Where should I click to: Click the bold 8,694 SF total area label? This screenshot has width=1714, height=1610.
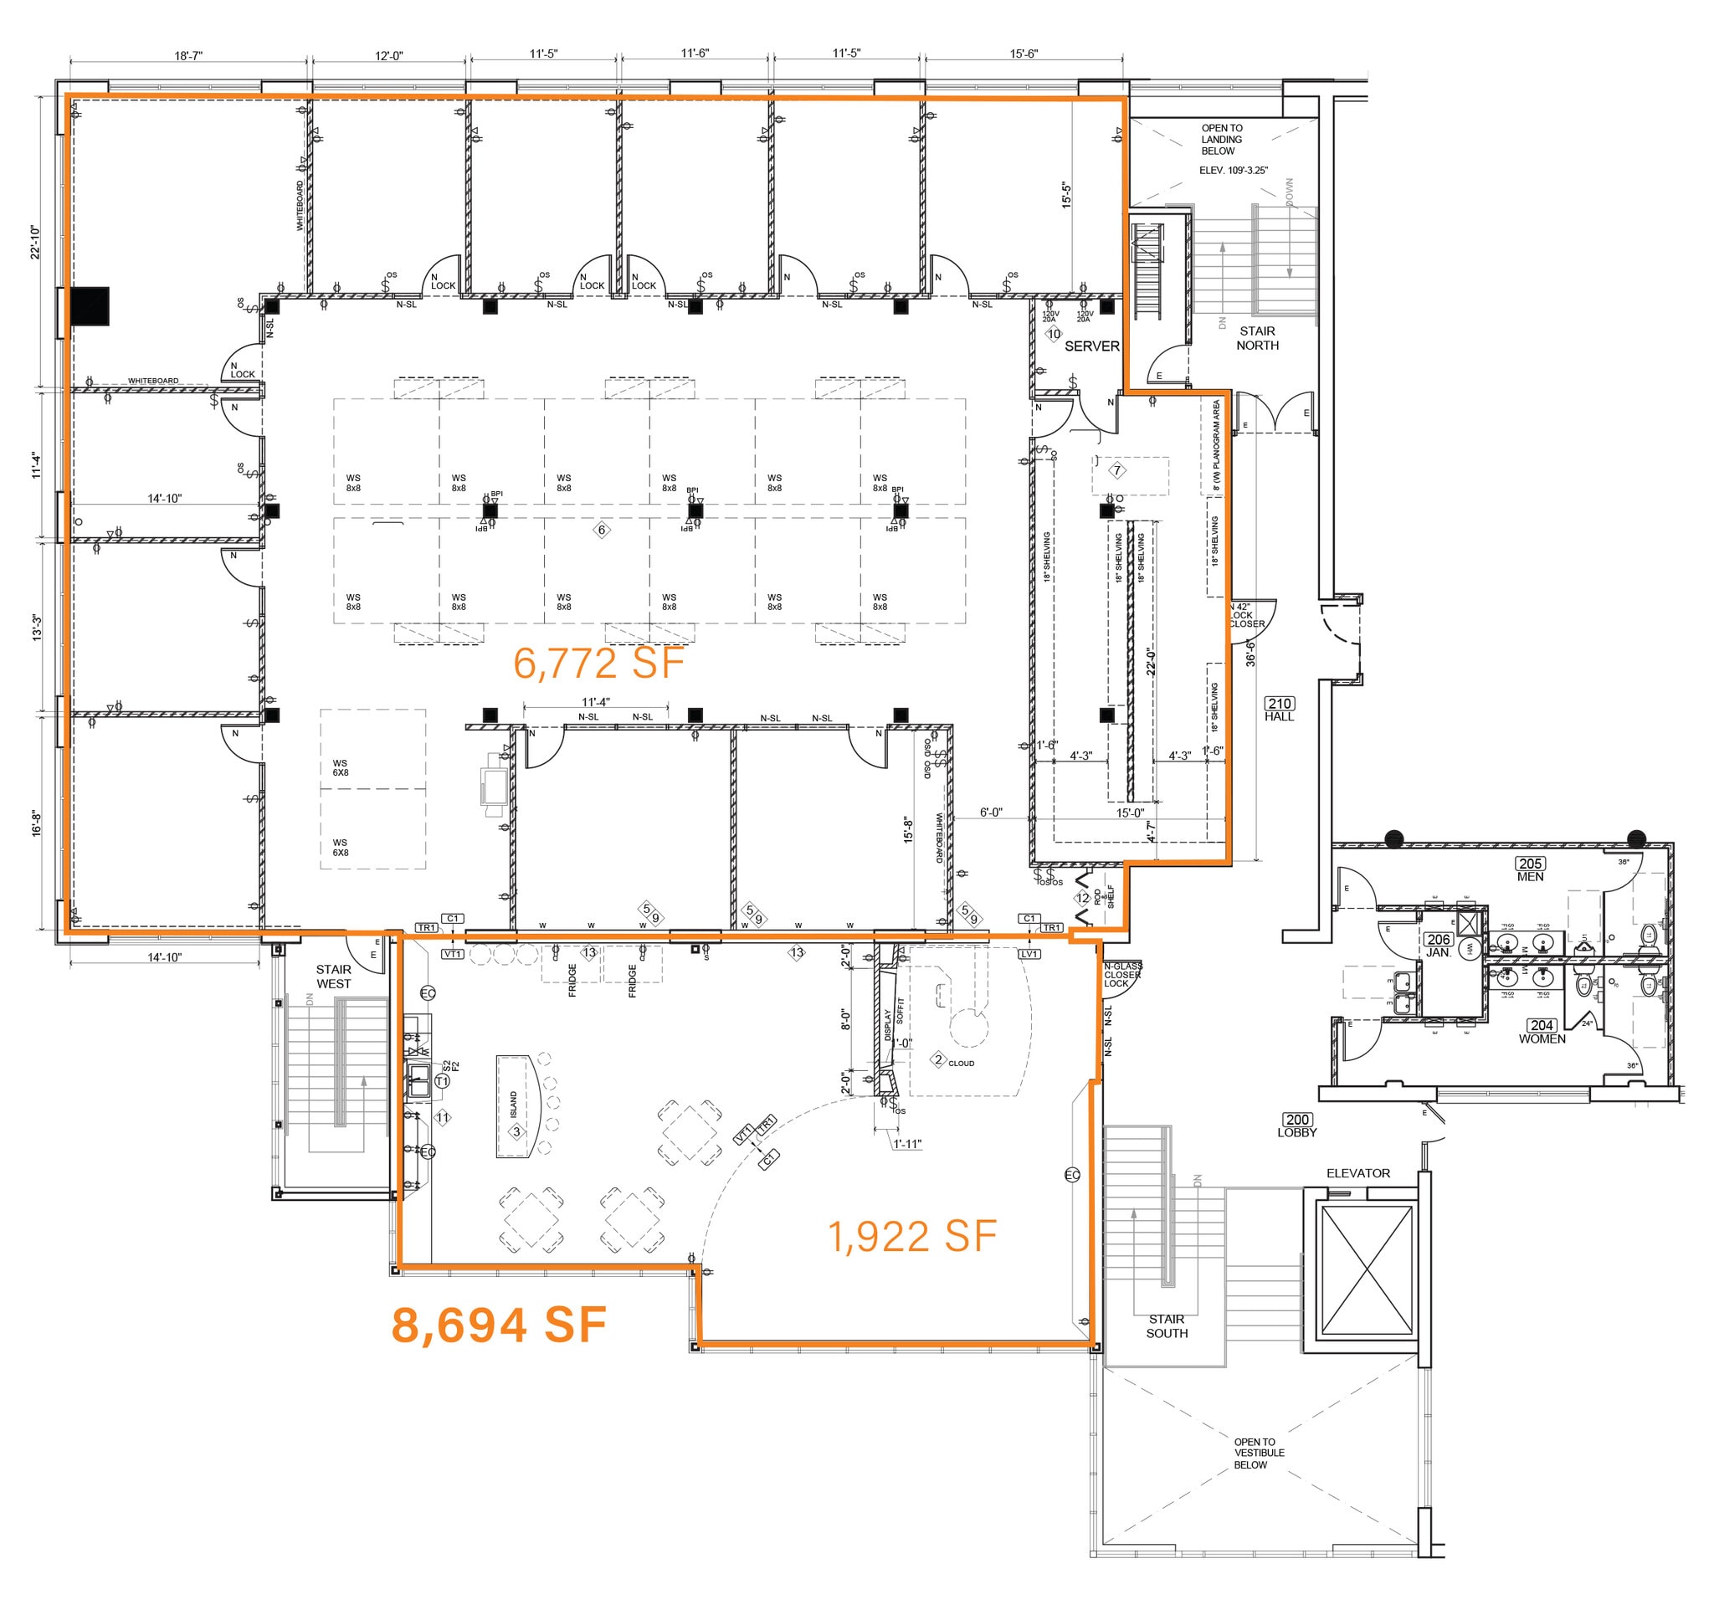(498, 1325)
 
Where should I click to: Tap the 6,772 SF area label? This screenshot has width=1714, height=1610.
(598, 664)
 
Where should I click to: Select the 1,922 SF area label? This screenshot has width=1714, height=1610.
(911, 1237)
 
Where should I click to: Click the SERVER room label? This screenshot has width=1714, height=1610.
(1091, 346)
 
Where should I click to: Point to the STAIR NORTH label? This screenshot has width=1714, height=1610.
(1257, 338)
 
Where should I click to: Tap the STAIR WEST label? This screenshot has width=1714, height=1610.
(334, 977)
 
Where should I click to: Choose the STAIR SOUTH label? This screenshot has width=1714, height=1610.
(1166, 1325)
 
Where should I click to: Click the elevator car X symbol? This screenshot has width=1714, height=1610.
(1367, 1271)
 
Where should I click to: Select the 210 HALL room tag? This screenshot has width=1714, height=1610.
(1280, 710)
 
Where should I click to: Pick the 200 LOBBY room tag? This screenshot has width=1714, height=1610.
(1296, 1125)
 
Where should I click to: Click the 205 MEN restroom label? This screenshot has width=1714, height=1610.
(1531, 869)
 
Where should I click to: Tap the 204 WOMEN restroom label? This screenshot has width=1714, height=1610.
(1542, 1032)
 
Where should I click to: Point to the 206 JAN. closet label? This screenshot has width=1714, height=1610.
(1438, 946)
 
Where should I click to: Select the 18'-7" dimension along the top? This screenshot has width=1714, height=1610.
(188, 56)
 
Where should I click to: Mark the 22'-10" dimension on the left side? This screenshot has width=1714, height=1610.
(36, 242)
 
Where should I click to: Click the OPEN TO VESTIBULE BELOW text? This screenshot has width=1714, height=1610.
(1258, 1454)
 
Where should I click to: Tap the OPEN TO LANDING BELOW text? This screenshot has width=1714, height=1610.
(1222, 140)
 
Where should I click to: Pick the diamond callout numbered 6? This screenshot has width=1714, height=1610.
(602, 530)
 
